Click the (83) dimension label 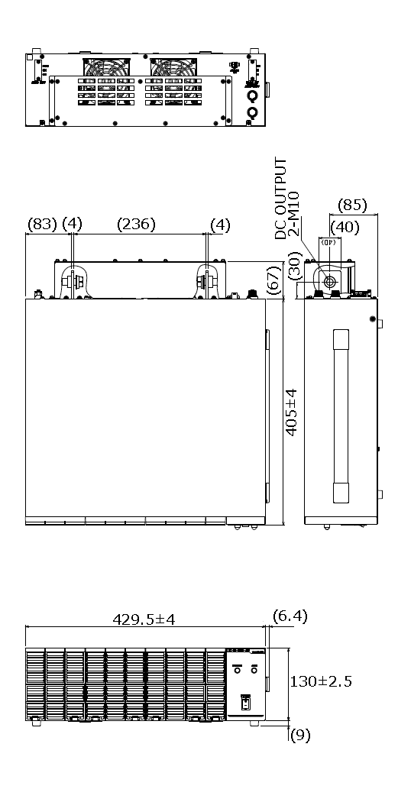click(41, 225)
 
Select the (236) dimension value click(136, 225)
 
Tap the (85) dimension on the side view click(352, 205)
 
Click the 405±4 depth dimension click(291, 411)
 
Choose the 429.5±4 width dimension click(144, 619)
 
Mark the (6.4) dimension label click(290, 616)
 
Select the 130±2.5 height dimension click(321, 681)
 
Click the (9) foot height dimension click(300, 736)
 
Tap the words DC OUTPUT click(281, 198)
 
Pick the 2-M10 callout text click(293, 213)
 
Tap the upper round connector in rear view click(251, 97)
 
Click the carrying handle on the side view click(341, 416)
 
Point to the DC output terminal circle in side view click(330, 282)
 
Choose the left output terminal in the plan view click(73, 281)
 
